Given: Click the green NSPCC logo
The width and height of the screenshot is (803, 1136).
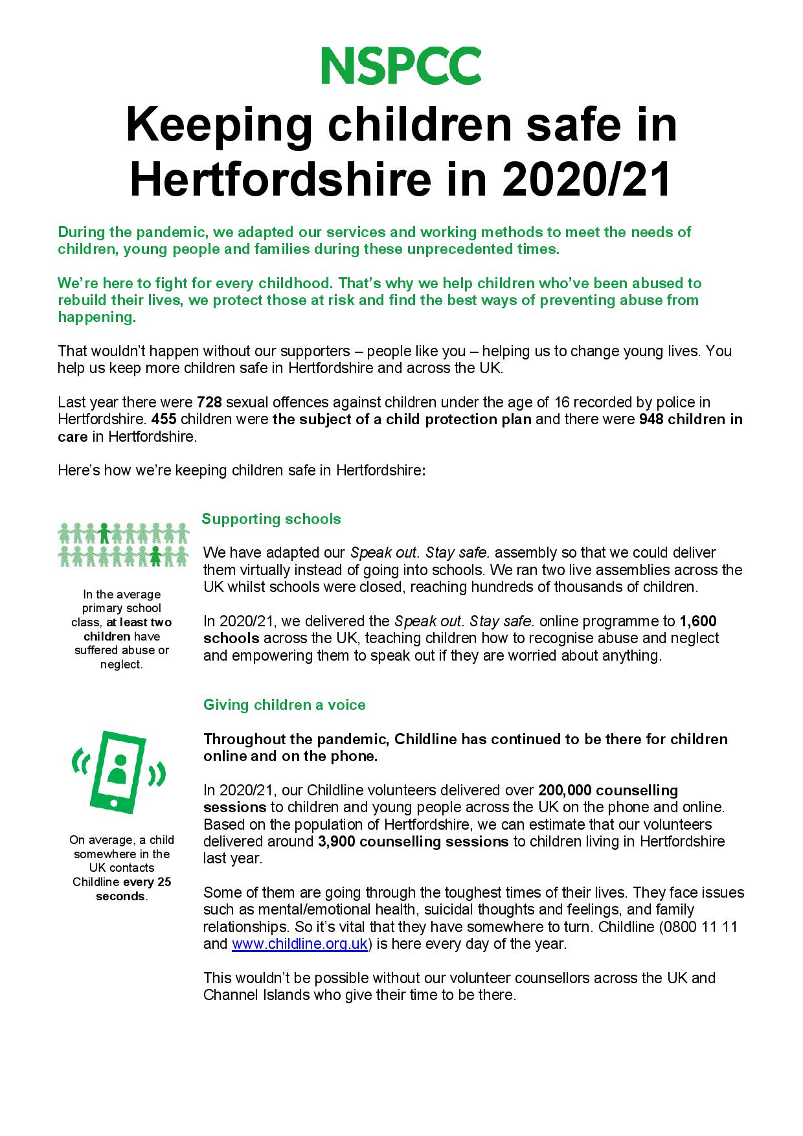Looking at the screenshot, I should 401,65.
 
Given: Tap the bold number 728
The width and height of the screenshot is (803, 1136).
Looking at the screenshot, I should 209,402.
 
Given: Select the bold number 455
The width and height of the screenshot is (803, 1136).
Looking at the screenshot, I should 164,419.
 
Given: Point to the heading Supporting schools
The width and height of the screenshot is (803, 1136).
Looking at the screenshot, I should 271,519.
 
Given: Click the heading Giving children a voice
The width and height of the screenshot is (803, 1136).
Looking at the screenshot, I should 284,705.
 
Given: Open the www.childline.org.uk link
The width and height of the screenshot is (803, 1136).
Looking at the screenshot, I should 299,944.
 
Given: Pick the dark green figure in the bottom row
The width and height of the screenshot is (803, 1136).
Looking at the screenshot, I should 155,555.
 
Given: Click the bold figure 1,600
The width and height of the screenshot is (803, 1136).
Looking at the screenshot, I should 697,621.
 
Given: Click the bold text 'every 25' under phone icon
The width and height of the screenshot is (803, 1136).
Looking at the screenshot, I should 147,882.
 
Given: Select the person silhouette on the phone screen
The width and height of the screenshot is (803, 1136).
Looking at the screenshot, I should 117,768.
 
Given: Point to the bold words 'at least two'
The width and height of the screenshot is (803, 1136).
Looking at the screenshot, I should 139,622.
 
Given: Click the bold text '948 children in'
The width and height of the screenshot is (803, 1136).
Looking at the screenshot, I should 690,419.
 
